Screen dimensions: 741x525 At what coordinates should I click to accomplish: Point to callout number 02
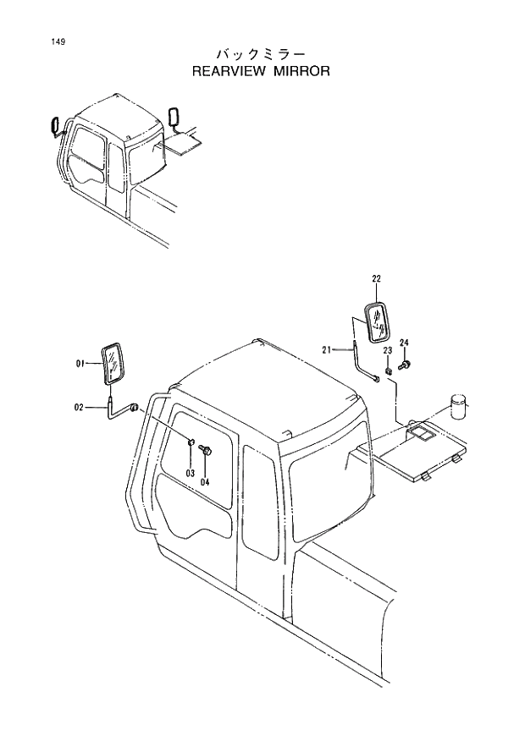tap(79, 408)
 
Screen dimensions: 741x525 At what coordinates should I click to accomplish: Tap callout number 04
tap(205, 481)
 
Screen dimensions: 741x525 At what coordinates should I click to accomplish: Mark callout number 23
tap(387, 350)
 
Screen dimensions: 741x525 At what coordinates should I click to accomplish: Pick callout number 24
tap(405, 342)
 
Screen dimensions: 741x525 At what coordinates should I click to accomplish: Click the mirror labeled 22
tap(377, 321)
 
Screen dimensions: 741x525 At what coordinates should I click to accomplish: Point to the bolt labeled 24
tap(405, 365)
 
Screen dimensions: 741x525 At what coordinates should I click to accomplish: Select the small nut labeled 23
tap(386, 369)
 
